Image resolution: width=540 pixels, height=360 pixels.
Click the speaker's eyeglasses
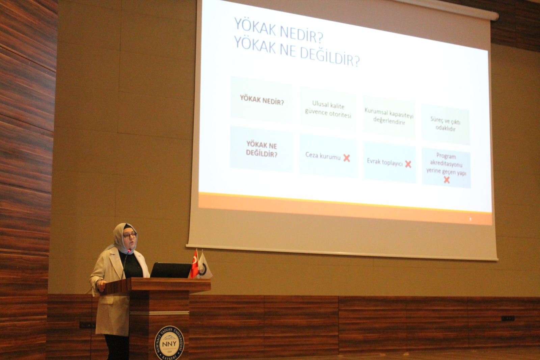click(x=129, y=235)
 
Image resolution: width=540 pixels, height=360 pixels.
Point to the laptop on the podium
click(x=170, y=270)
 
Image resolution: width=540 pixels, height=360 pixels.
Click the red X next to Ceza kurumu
click(x=347, y=158)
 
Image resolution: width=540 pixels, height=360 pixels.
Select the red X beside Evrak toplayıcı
click(x=408, y=164)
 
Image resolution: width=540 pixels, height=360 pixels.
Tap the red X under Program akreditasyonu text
click(x=447, y=180)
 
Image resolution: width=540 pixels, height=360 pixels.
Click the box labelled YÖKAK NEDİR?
click(x=262, y=100)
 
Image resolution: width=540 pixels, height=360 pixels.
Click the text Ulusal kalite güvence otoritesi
click(x=328, y=109)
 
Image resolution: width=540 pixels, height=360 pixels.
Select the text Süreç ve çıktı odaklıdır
click(x=445, y=124)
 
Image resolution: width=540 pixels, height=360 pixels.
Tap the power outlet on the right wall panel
click(x=508, y=318)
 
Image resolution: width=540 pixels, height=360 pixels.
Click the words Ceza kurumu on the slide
click(x=323, y=156)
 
